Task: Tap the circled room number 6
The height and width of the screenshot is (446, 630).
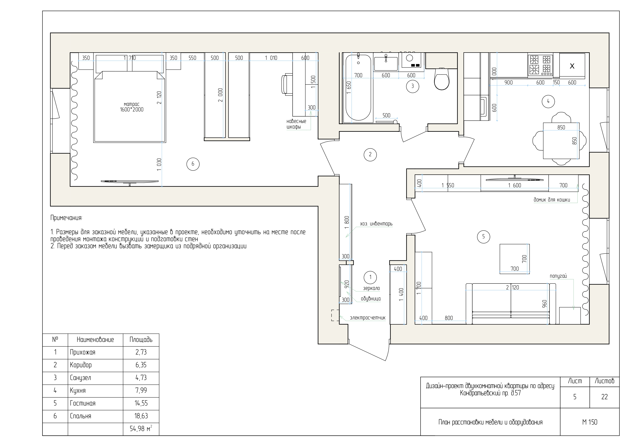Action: (193, 164)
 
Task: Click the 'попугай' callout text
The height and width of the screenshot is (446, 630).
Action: (558, 276)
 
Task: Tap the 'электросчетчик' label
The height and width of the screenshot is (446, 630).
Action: (367, 318)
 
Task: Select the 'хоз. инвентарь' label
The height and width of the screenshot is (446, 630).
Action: (376, 224)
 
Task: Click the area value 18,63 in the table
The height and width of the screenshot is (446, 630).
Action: (141, 416)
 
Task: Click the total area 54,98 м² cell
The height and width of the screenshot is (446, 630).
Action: (141, 428)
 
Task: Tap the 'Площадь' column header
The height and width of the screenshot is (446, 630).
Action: (141, 340)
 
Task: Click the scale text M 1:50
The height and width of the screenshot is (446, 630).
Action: (590, 422)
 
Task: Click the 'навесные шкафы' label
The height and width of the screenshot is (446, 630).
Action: (296, 124)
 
